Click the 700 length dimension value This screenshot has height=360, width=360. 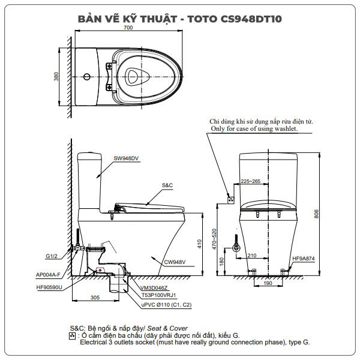tap(128, 28)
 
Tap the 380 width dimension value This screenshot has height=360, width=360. tap(56, 76)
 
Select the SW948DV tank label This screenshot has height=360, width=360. tap(126, 158)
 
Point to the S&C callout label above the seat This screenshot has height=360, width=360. tap(167, 185)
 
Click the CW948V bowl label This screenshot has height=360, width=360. tap(175, 262)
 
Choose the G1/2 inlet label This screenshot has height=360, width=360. tap(52, 256)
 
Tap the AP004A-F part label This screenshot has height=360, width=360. tap(48, 275)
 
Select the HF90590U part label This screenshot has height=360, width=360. tap(49, 287)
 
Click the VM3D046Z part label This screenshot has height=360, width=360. tap(154, 288)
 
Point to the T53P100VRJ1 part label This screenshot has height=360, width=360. tap(158, 295)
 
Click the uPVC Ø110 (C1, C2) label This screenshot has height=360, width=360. tap(166, 305)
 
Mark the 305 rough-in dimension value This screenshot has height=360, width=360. tap(95, 298)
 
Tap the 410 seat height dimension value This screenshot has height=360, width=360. tap(199, 244)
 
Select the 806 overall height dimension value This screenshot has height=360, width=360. tap(316, 214)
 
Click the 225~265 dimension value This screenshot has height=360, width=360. tap(250, 181)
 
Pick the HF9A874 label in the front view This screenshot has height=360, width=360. tap(303, 259)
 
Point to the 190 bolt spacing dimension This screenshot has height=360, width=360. tap(268, 283)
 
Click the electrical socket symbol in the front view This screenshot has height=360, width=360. tap(230, 200)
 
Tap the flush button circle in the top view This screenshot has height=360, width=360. tap(87, 77)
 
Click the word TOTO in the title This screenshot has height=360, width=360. tap(202, 19)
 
